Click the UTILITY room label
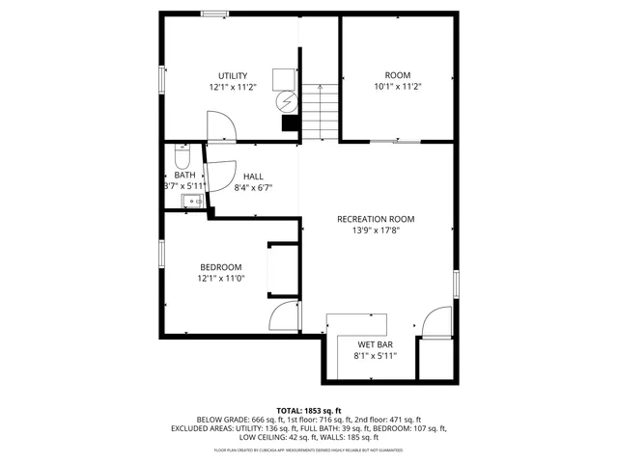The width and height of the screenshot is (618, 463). [233, 75]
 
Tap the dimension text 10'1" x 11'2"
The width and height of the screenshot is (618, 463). [398, 87]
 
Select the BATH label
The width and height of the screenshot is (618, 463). [183, 175]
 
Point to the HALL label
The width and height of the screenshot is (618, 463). [253, 177]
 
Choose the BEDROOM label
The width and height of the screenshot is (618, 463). [221, 267]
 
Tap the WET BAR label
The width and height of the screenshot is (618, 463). [375, 344]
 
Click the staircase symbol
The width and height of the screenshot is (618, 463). [320, 108]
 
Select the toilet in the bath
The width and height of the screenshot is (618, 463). [182, 155]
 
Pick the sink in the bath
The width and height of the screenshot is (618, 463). [190, 202]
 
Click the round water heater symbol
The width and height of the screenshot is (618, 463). [286, 100]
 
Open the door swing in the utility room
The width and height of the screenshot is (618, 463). [221, 126]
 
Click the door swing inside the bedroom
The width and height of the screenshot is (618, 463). [286, 316]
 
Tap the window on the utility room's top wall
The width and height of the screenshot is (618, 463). [214, 14]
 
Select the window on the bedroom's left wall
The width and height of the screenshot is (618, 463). [161, 253]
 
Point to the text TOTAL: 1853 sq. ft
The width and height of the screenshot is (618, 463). [309, 410]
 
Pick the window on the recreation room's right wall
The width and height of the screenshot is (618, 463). [456, 285]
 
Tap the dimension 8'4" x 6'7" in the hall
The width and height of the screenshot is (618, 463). [253, 188]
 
